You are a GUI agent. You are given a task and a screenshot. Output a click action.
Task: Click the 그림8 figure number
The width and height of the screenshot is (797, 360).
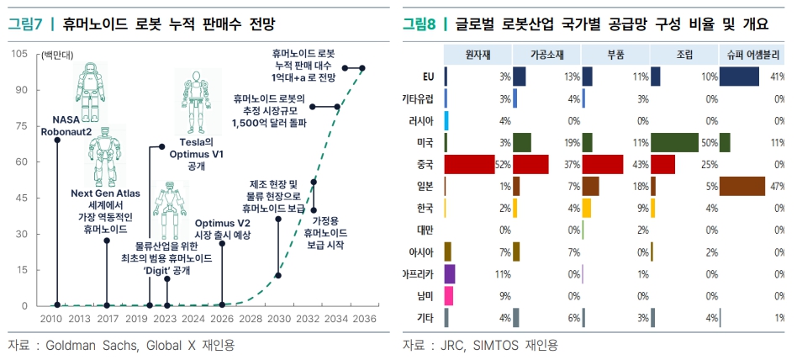tap(420, 24)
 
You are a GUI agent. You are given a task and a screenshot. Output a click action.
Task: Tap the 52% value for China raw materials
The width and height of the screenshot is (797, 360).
tap(502, 163)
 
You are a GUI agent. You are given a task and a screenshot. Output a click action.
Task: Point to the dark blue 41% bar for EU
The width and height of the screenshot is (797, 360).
tap(740, 77)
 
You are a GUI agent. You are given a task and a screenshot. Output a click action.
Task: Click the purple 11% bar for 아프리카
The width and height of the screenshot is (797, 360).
tap(449, 273)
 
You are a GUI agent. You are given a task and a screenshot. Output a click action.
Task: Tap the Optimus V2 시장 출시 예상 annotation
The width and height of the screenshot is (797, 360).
tap(222, 228)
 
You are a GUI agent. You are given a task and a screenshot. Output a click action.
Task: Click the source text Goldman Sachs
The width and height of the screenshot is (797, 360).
tap(92, 345)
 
